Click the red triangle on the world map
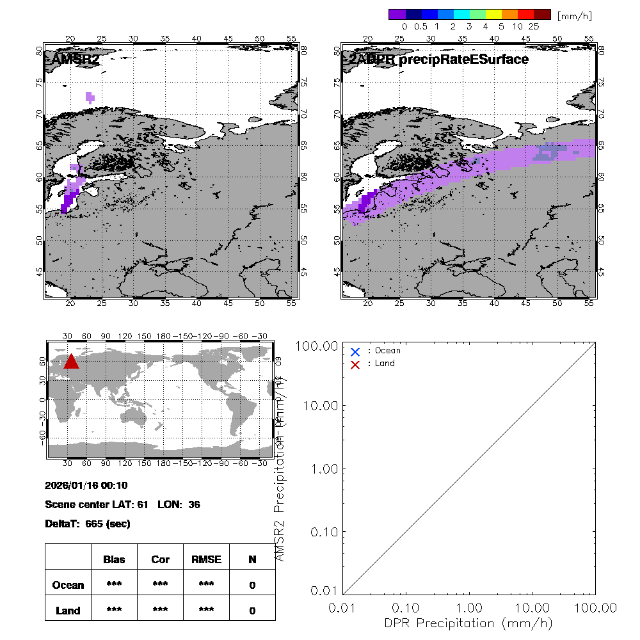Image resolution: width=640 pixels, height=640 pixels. click(72, 362)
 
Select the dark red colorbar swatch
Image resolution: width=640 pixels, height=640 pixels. click(541, 13)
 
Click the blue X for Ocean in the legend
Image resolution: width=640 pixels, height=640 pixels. click(355, 351)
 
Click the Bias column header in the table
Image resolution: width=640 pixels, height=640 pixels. click(114, 559)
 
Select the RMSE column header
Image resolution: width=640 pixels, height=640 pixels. click(206, 559)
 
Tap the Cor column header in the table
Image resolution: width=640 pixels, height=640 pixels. click(160, 559)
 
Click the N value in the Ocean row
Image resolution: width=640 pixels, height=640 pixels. click(252, 585)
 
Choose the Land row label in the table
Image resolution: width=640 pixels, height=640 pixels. click(68, 611)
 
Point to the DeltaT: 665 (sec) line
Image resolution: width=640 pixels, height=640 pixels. click(88, 524)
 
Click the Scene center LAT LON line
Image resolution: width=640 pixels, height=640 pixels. click(122, 504)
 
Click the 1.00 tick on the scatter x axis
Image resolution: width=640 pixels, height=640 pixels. click(470, 607)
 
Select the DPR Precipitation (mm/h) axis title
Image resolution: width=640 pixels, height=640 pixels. click(469, 623)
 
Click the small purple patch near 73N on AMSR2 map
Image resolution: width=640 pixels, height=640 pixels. click(90, 97)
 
